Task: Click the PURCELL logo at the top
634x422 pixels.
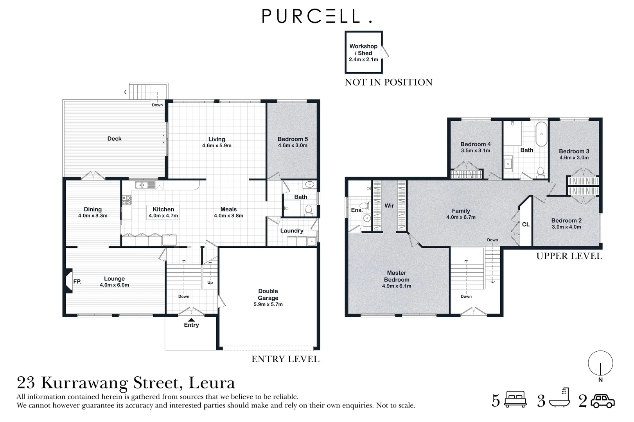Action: (x=316, y=16)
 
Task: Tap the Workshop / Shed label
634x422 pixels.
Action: (x=363, y=52)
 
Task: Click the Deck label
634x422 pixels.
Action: (x=114, y=139)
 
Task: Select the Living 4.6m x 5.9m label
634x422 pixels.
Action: (x=217, y=142)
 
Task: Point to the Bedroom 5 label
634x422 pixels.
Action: (x=293, y=139)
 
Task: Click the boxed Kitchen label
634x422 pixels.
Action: (x=163, y=212)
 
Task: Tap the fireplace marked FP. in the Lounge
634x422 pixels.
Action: (x=69, y=281)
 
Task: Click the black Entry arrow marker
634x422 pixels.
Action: (x=191, y=319)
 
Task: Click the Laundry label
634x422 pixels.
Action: (x=291, y=231)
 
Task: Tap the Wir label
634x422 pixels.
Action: (x=389, y=206)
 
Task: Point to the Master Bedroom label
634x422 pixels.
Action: (x=397, y=276)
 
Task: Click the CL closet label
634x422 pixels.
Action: (x=526, y=224)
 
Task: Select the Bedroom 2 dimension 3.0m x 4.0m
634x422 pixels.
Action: (x=566, y=227)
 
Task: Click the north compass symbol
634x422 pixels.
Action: (x=600, y=363)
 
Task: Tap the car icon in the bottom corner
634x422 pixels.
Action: (x=603, y=401)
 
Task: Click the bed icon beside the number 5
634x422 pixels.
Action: (x=516, y=400)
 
